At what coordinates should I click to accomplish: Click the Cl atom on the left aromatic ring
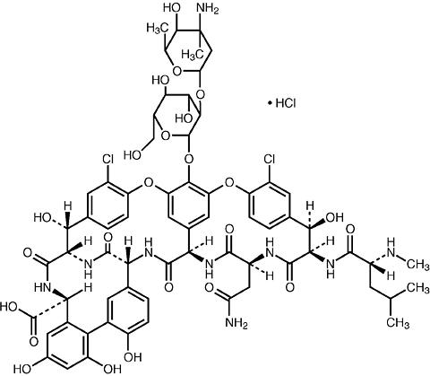108,160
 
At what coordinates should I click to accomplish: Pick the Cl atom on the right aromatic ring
270,160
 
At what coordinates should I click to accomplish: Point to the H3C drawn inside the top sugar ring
193,54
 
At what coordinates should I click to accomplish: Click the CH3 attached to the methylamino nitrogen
418,264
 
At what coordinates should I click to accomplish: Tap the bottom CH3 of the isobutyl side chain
399,322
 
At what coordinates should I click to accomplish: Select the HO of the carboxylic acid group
10,307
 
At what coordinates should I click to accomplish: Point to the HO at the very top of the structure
172,8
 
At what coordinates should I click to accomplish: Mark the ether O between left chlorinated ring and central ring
148,182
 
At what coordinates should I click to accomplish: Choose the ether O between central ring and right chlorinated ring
229,182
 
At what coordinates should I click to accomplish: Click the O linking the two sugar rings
201,95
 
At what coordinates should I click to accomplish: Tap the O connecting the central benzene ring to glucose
188,157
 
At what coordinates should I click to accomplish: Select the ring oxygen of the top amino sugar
177,71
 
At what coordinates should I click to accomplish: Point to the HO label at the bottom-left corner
21,369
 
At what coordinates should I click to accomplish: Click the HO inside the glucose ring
184,118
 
